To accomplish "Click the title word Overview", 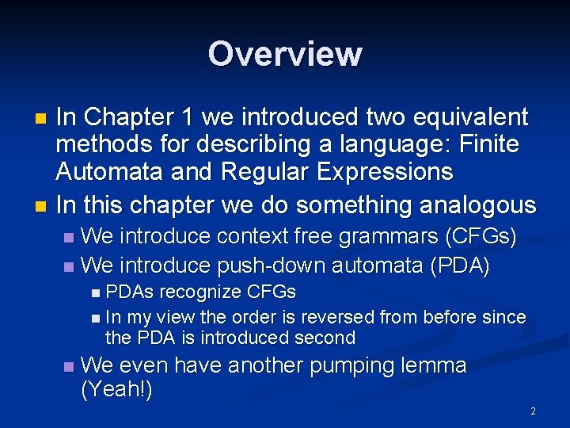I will (285, 54).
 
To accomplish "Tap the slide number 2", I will (533, 411).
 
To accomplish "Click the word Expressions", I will (386, 172).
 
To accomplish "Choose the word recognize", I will (203, 292).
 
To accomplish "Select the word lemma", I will (437, 366).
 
